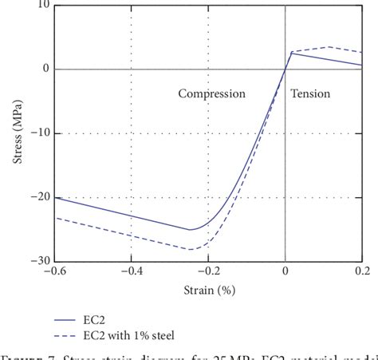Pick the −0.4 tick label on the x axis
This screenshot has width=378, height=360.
132,271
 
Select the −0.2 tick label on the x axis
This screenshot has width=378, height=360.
208,271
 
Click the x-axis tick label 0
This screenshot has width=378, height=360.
285,271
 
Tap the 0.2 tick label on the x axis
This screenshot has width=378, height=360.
361,271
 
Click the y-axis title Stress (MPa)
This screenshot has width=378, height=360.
18,133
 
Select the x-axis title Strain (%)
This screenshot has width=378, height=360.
209,288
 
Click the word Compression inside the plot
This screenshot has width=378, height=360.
211,94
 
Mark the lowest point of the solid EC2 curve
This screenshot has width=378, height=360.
191,230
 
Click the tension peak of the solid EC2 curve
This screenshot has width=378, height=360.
291,53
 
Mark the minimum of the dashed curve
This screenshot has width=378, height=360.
191,249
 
